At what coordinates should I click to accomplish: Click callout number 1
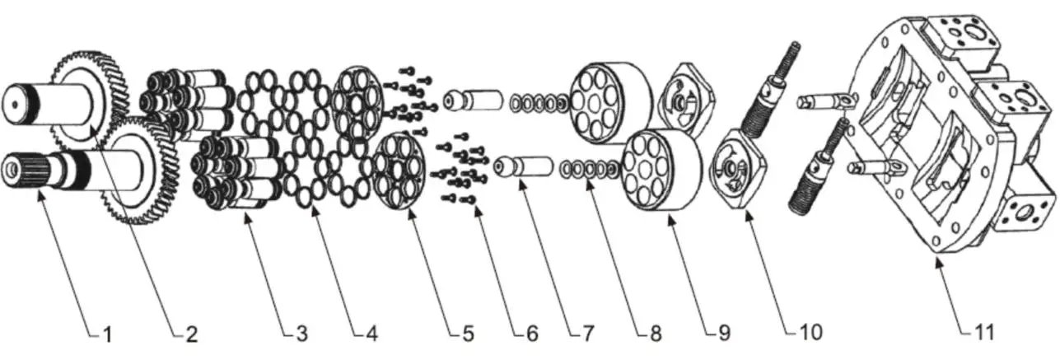click(106, 334)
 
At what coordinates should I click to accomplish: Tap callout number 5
click(467, 334)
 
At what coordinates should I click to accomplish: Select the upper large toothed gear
click(91, 91)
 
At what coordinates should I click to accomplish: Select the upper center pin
click(473, 100)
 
